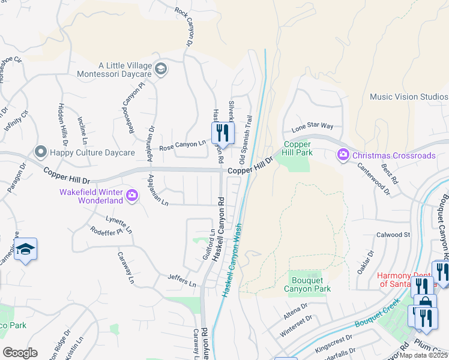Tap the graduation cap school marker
(25, 250)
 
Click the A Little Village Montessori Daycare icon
(160, 69)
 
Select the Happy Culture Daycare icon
(41, 152)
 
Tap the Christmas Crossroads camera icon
(343, 155)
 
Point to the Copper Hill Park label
(297, 149)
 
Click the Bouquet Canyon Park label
(312, 284)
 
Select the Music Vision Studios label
(409, 97)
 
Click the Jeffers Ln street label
(184, 281)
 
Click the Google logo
(20, 353)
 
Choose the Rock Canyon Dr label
(185, 27)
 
